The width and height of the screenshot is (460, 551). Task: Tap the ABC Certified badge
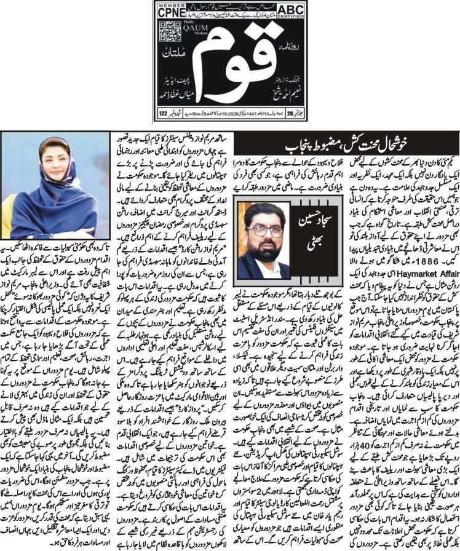coord(284,12)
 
